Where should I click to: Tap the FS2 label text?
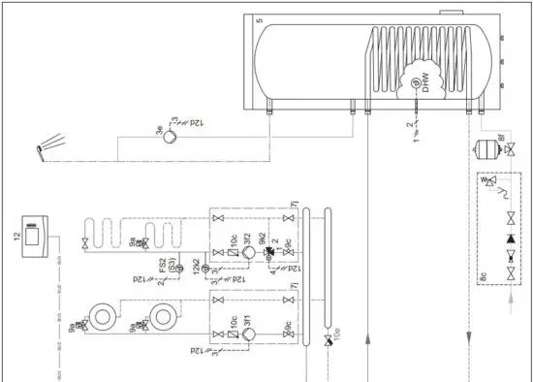[175, 264]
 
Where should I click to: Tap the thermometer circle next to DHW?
[415, 85]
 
